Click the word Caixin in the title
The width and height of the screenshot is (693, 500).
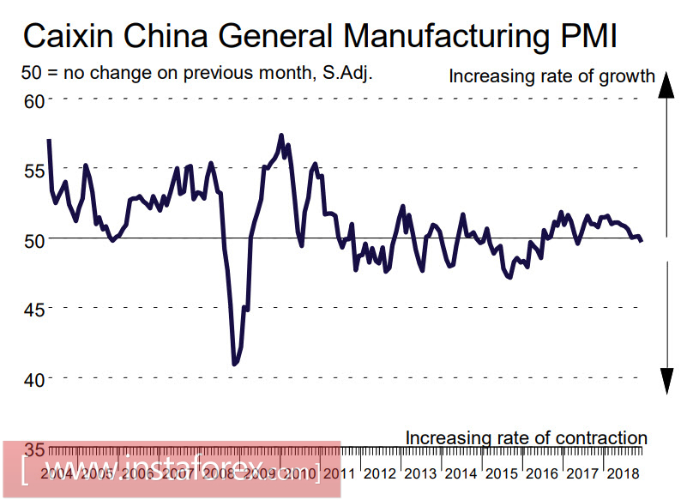point(71,39)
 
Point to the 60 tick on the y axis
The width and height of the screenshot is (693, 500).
point(33,101)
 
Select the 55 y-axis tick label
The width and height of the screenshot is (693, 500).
point(33,170)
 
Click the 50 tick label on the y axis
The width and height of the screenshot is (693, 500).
point(33,240)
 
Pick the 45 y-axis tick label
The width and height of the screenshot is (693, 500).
point(33,309)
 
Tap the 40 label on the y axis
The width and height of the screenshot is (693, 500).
point(33,378)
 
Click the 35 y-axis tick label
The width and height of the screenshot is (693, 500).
point(33,448)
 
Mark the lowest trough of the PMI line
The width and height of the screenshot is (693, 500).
point(234,364)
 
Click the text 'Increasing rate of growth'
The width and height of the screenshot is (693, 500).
point(551,77)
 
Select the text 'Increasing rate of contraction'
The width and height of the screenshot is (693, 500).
point(526,438)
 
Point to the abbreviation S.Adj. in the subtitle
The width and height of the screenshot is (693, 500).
point(346,74)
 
